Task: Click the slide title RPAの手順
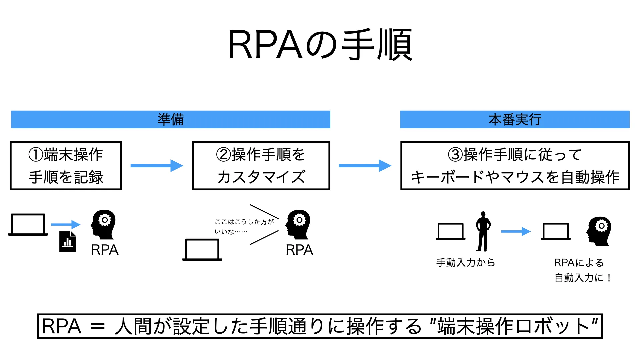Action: (320, 45)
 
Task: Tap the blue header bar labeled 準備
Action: (171, 119)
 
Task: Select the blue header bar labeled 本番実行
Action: (515, 119)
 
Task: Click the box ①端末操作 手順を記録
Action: (66, 166)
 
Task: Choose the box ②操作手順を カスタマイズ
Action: (261, 166)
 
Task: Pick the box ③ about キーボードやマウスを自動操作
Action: (515, 166)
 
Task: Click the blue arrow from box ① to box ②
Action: (157, 166)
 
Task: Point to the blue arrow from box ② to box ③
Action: (365, 166)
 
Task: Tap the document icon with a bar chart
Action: (68, 241)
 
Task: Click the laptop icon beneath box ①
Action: (28, 225)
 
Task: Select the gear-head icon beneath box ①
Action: (103, 224)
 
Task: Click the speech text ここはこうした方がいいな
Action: (244, 226)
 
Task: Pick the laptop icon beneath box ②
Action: (202, 250)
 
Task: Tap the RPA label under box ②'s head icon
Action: (299, 250)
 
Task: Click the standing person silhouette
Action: (483, 231)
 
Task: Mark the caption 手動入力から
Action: (466, 263)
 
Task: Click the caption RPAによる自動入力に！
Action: (582, 270)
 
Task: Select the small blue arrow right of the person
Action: (516, 231)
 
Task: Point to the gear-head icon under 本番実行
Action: (599, 231)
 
